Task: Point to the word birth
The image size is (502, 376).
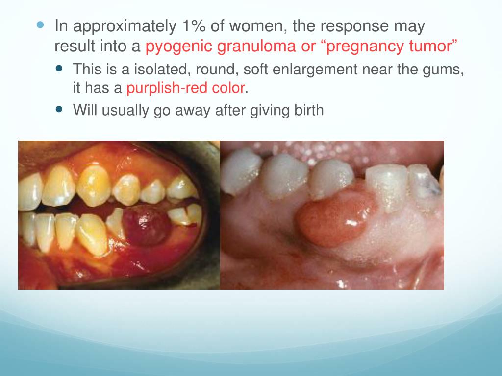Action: coord(308,110)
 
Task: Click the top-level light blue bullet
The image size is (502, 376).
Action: coord(41,24)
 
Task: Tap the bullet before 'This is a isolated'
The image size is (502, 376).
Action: coord(60,69)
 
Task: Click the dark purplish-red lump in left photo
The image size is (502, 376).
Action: coord(145,225)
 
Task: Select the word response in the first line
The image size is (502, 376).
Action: coord(357,27)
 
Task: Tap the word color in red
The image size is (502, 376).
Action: coord(229,88)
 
